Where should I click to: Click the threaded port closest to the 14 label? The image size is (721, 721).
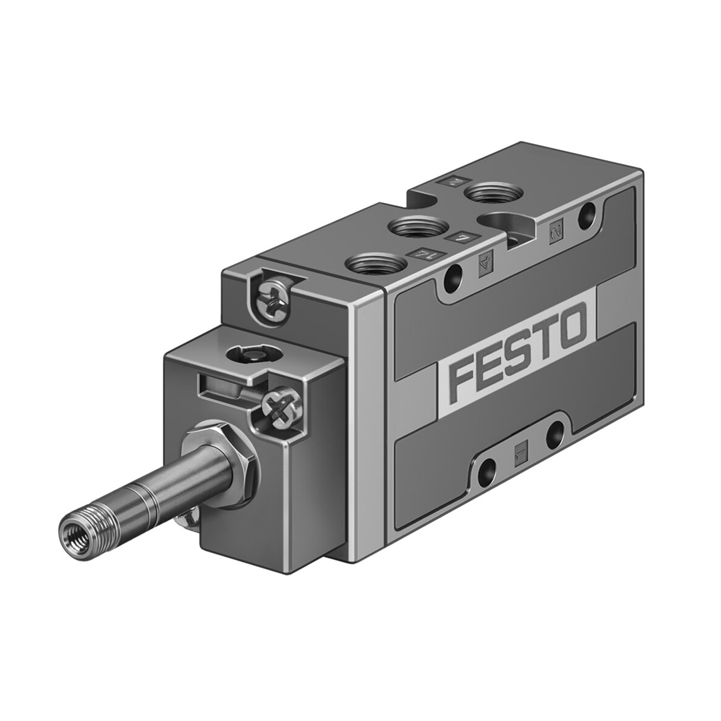pyautogui.click(x=376, y=262)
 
